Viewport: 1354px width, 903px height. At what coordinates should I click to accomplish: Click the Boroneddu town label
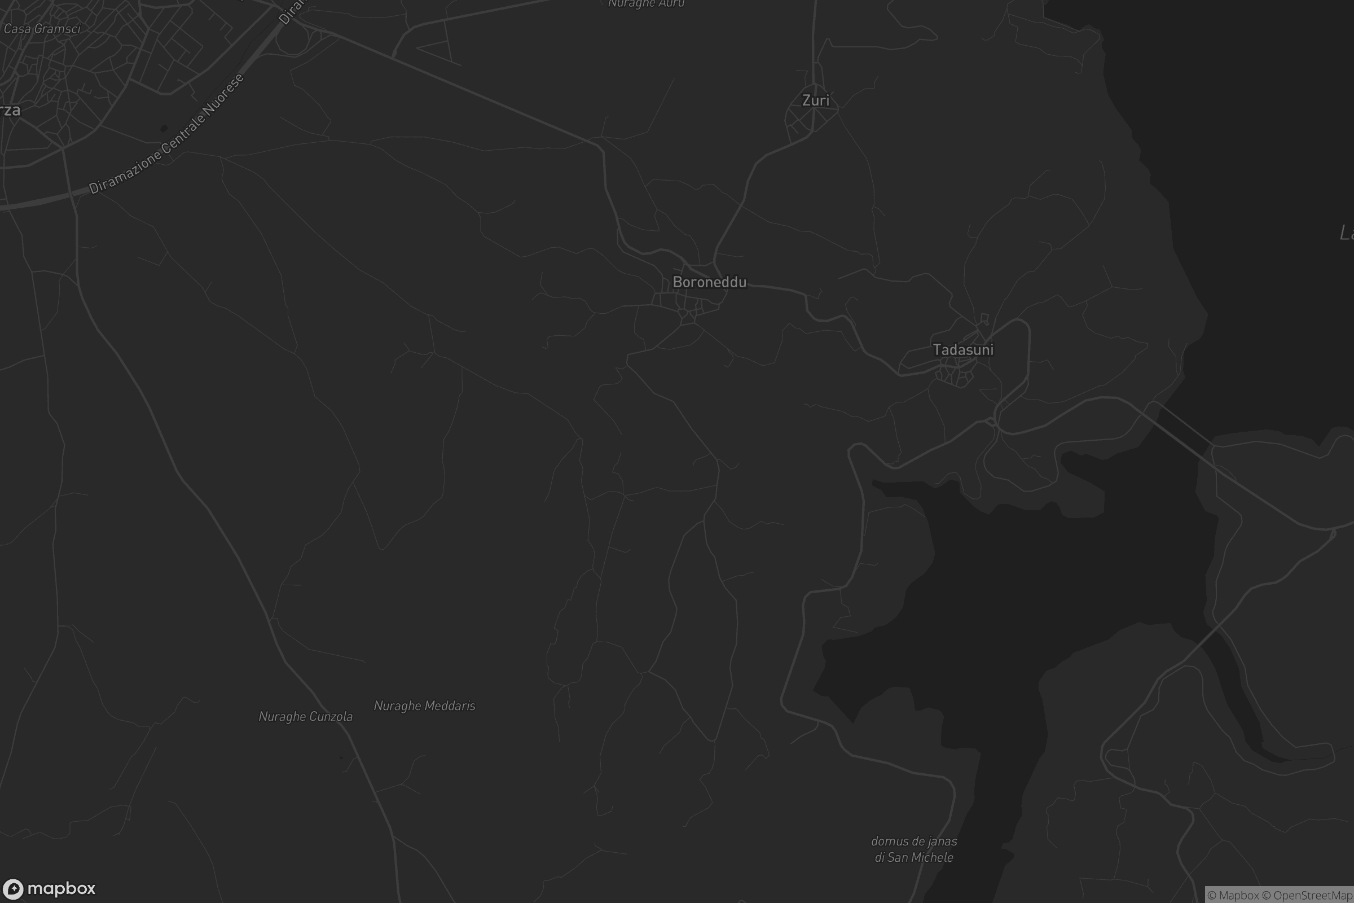[x=709, y=282]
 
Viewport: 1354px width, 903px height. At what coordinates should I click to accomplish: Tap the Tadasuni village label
[x=962, y=349]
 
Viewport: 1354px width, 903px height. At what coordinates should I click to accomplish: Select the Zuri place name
[x=816, y=100]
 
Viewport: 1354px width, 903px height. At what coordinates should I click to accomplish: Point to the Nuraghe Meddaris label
[x=424, y=705]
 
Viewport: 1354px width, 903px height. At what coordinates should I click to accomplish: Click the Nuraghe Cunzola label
[x=305, y=716]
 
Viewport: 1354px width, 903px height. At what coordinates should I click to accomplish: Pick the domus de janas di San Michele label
[x=913, y=849]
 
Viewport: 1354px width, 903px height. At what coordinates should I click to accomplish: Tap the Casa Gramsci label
[x=42, y=29]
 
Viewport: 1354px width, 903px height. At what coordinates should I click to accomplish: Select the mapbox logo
[x=49, y=888]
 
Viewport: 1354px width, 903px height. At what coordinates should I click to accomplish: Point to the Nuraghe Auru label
[x=646, y=4]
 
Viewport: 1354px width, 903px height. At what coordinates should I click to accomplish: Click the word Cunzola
[x=330, y=716]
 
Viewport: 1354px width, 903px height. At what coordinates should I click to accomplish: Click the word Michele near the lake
[x=931, y=857]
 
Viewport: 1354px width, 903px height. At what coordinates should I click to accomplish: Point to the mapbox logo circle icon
[x=12, y=888]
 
